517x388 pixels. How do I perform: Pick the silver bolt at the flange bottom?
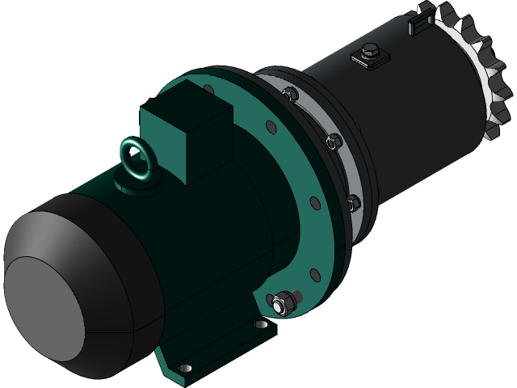[281, 303]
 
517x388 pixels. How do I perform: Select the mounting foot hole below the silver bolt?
[260, 325]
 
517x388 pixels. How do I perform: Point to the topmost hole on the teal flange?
[208, 88]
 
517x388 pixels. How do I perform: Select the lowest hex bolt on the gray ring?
[352, 200]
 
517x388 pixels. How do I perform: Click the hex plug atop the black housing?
[368, 54]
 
